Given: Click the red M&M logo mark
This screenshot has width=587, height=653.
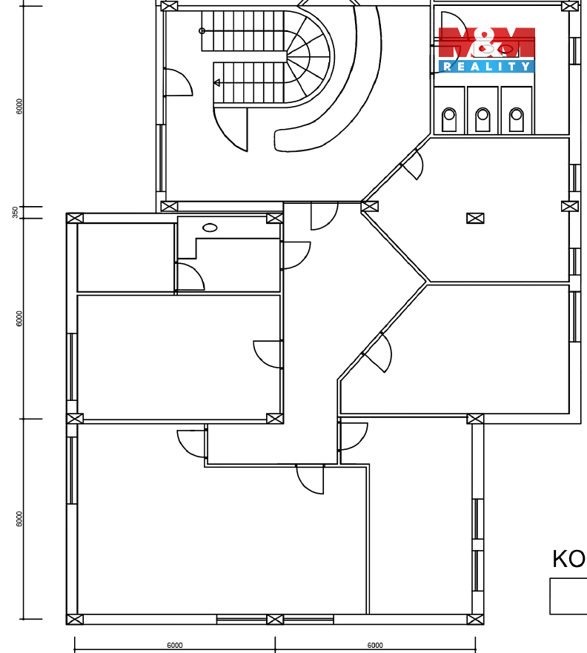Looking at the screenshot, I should click(486, 44).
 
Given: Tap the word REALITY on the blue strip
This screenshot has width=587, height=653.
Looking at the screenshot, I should click(486, 67).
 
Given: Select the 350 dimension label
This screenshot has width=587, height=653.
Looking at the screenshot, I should click(15, 213).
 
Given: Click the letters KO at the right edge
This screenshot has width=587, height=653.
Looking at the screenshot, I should click(568, 559).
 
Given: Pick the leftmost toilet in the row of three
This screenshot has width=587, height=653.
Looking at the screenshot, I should click(449, 119).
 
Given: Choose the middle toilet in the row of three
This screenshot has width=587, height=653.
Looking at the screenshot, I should click(482, 119).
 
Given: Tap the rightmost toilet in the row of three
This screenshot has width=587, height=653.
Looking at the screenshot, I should click(517, 119).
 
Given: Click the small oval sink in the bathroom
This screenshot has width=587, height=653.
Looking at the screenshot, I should click(210, 228).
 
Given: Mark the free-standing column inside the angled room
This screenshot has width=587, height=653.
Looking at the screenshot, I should click(475, 218).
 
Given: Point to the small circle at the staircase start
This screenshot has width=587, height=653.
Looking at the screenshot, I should click(202, 31).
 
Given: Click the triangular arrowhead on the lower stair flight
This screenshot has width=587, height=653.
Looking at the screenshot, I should click(217, 83).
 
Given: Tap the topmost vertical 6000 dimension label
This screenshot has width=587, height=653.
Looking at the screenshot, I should click(19, 106).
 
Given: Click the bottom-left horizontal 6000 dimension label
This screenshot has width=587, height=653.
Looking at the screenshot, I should click(174, 646).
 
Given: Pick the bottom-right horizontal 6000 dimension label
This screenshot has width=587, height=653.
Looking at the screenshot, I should click(375, 646).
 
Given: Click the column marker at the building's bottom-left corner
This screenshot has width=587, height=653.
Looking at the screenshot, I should click(75, 619).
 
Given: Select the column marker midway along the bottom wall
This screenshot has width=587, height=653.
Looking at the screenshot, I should click(275, 619).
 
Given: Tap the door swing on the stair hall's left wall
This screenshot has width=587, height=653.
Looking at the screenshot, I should click(176, 83).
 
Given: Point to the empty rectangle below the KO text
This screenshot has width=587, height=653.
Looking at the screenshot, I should click(568, 596).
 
